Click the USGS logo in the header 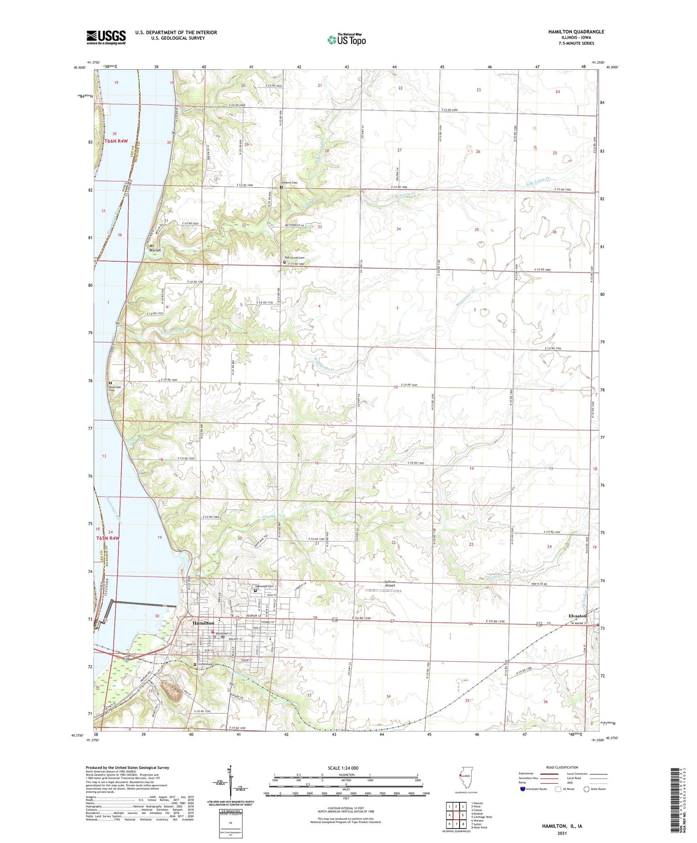(106, 37)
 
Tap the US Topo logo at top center (346, 40)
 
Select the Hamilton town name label (200, 623)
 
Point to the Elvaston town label (578, 616)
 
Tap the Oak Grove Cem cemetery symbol (284, 262)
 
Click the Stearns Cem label (289, 183)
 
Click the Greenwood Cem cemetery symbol (195, 664)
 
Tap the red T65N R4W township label (108, 538)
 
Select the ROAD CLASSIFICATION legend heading (562, 767)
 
